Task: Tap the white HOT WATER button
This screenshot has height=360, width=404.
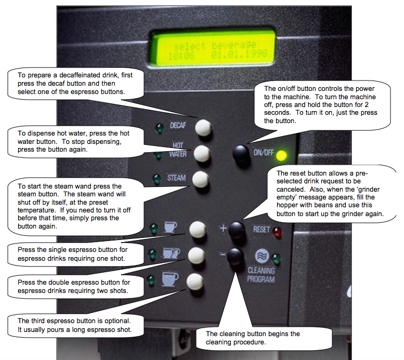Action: pyautogui.click(x=202, y=153)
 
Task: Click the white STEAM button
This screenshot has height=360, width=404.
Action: pyautogui.click(x=201, y=179)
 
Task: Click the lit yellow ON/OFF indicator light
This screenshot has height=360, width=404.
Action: pyautogui.click(x=281, y=155)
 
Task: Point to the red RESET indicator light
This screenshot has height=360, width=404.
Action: pyautogui.click(x=277, y=232)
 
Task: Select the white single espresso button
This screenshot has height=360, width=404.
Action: pyautogui.click(x=198, y=229)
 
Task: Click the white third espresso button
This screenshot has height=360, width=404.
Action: pyautogui.click(x=195, y=282)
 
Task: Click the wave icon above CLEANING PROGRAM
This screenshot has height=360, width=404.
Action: pyautogui.click(x=262, y=256)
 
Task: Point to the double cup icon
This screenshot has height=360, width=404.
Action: pyautogui.click(x=172, y=254)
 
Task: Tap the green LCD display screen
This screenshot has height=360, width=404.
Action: pyautogui.click(x=215, y=49)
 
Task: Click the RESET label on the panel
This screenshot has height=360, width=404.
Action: pyautogui.click(x=261, y=229)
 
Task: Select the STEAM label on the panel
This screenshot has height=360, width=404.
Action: pyautogui.click(x=176, y=178)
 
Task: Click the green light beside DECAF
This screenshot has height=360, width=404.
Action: pyautogui.click(x=159, y=127)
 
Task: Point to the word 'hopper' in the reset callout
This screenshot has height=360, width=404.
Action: pyautogui.click(x=289, y=205)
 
